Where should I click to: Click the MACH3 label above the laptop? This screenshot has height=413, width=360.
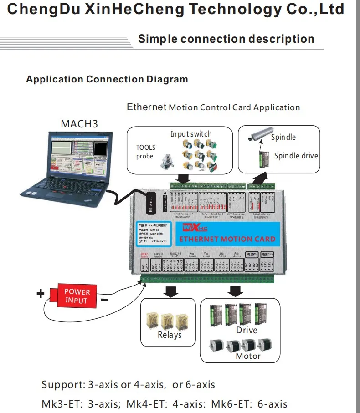pos(79,124)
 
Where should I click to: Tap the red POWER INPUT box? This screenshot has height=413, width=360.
pos(77,296)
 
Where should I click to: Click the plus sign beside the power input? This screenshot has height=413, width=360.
pos(41,294)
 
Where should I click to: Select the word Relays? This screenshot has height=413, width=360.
pos(170,335)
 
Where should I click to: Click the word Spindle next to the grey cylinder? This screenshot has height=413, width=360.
pos(283,137)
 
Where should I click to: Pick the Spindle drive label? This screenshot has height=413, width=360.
pos(296,156)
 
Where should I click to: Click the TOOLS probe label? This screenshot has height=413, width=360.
pos(146,152)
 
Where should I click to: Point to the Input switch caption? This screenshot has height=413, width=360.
pos(191,134)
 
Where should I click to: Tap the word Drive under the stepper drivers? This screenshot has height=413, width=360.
pos(247,330)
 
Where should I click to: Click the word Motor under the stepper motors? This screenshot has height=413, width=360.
pos(248,356)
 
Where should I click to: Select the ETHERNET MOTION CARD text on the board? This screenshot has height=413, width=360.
pos(226,239)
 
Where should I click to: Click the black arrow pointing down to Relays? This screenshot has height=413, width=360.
pos(171,291)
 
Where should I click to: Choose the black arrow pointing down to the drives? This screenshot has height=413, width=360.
pos(236,291)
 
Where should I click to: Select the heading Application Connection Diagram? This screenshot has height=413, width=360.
pos(107,79)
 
